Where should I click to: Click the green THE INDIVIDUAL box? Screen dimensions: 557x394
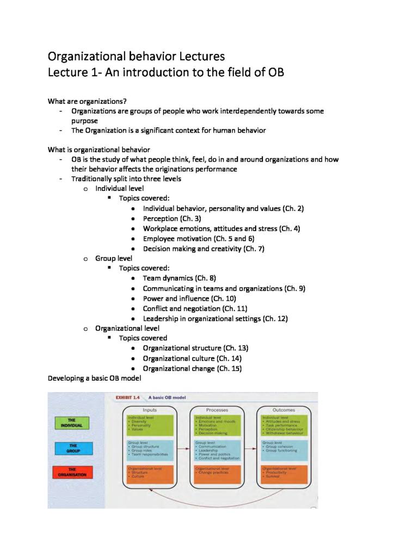(x=71, y=423)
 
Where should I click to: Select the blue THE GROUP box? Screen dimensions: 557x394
(x=71, y=448)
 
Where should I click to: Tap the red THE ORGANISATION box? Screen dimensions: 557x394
(x=71, y=472)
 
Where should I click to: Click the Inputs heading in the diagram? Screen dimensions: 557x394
(x=150, y=410)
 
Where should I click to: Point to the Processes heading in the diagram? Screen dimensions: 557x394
(x=217, y=410)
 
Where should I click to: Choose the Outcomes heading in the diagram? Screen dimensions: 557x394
(x=284, y=410)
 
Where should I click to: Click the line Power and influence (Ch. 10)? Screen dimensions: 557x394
(x=189, y=298)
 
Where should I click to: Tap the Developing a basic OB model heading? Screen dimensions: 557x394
(x=95, y=378)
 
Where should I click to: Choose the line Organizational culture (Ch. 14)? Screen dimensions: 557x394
(x=192, y=358)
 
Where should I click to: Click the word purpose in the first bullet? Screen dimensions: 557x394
(x=84, y=121)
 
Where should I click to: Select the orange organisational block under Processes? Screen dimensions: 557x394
(x=217, y=474)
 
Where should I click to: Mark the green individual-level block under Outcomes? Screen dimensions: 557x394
(x=284, y=425)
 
